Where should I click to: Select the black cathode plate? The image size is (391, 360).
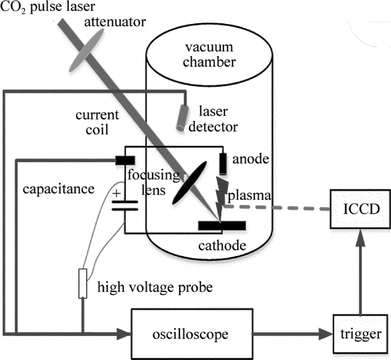[x=221, y=225]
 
